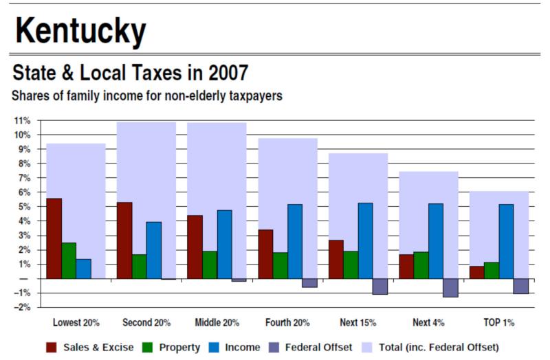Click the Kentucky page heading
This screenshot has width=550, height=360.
pos(81,31)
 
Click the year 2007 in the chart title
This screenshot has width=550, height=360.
pos(230,72)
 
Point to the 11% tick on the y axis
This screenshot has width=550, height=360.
pos(22,120)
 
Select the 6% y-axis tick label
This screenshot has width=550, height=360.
pos(24,192)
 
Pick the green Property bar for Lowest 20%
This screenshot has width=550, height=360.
pos(69,260)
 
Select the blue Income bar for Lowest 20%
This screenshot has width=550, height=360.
pos(84,269)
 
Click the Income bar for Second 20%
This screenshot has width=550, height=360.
pos(154,250)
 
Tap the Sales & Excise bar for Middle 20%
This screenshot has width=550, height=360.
pos(195,247)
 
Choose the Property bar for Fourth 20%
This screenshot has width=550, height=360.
pos(280,265)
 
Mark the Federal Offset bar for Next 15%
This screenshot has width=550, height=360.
pos(380,286)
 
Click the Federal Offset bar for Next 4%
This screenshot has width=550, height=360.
pos(450,288)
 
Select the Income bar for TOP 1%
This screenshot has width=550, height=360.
pos(506,241)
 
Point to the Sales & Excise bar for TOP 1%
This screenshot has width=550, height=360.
pos(476,272)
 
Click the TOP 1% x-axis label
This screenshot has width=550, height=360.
pos(498,322)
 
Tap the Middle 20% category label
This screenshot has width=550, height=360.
pos(217,322)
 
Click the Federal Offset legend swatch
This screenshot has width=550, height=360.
pos(274,347)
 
